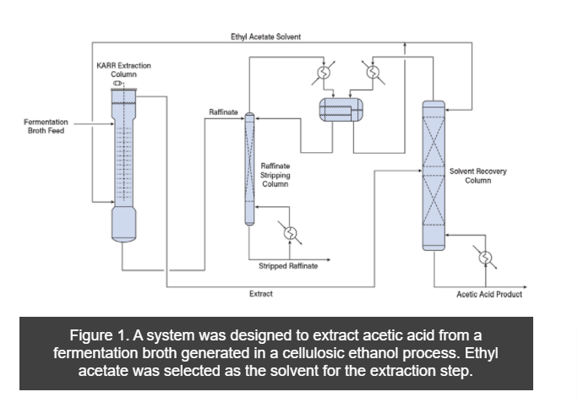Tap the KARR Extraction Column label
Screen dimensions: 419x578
[x=117, y=69]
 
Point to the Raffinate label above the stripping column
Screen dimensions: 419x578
[x=223, y=112]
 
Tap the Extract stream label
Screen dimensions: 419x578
[x=260, y=294]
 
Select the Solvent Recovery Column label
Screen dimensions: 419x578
[x=478, y=176]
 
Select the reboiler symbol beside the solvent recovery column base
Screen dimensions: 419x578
[x=485, y=258]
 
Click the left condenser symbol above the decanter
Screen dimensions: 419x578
[x=324, y=73]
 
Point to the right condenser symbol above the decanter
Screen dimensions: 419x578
[x=372, y=73]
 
